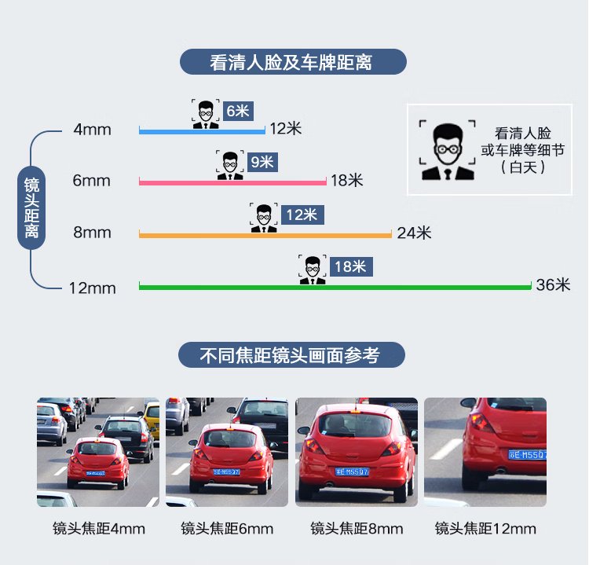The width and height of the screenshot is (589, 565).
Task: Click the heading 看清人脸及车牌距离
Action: (293, 62)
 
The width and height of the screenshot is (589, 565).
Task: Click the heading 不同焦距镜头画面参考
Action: (292, 355)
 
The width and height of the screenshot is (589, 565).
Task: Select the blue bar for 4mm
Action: (202, 131)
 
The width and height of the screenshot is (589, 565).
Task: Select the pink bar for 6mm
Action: (232, 182)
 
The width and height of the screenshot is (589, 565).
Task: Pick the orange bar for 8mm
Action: (265, 234)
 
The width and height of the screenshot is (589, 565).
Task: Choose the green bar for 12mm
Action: (335, 287)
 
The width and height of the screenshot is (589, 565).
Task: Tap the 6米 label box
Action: (238, 111)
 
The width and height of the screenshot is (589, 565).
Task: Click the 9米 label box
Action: (262, 163)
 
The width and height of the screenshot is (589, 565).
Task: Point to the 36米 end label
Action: (553, 285)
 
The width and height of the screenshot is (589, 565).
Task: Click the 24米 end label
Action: (414, 233)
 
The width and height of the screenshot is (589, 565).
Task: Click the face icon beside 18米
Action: (313, 270)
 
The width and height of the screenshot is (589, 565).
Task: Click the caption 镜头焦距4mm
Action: (99, 528)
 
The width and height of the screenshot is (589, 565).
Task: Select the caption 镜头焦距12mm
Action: (485, 528)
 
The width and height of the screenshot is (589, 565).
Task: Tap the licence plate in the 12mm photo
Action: (528, 455)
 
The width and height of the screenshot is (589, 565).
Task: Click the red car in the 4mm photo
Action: (98, 461)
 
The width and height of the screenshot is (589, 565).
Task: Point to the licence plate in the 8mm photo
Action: (352, 471)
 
